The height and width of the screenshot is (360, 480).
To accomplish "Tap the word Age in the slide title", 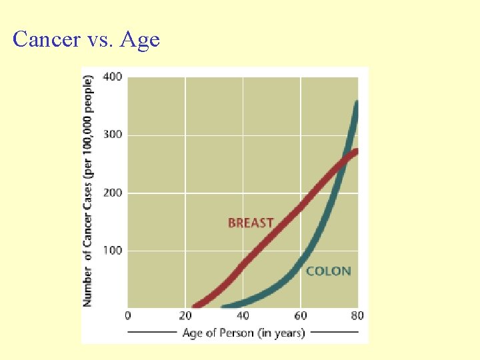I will pos(141,40).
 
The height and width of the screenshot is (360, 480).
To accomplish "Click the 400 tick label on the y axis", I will pos(112,77).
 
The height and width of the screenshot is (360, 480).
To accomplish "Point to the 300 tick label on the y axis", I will pos(112,135).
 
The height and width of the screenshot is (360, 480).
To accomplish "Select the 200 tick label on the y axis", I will pos(112,193).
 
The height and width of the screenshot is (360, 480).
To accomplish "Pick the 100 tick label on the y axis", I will pos(112,251).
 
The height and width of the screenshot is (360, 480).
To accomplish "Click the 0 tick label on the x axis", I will pos(128,315).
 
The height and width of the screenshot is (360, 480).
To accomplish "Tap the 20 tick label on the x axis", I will pos(184,315).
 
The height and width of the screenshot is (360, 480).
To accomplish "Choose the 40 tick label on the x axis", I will pos(243,315).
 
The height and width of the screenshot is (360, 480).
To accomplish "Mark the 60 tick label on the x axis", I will pos(300,315).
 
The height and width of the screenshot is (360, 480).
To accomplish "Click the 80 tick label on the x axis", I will pos(357,315).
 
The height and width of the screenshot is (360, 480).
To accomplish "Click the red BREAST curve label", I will pos(251,223).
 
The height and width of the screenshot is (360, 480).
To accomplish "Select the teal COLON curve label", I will pos(328,271).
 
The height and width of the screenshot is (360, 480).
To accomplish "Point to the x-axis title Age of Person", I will pos(243,332).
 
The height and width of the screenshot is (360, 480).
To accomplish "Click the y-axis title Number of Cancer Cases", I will pos(88,190).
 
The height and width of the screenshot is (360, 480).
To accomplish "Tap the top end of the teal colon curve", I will pos(357,103).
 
